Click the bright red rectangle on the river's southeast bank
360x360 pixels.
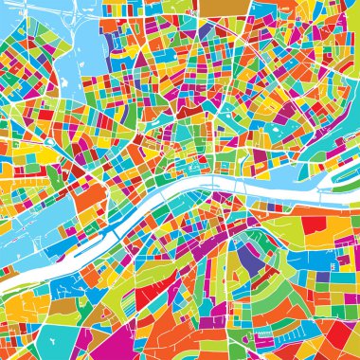click(314, 225)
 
